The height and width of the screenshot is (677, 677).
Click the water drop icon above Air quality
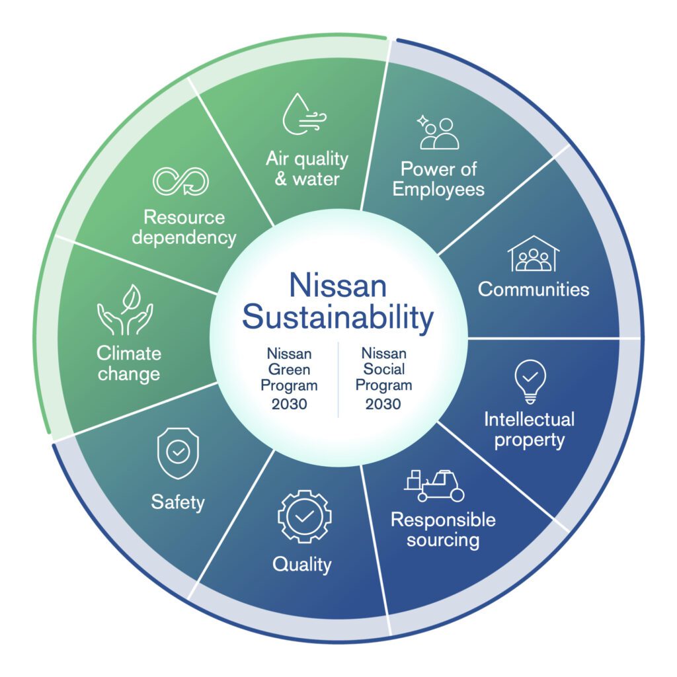click(x=304, y=114)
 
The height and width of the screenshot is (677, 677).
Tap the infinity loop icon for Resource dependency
click(x=181, y=181)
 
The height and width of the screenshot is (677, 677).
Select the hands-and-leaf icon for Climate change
click(x=125, y=309)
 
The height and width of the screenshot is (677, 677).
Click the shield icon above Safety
click(x=178, y=454)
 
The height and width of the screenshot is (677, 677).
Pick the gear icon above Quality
click(x=304, y=516)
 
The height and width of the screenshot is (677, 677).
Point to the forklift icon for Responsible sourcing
click(x=434, y=486)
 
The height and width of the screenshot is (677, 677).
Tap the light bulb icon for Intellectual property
click(x=530, y=381)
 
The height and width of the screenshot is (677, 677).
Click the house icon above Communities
click(x=534, y=253)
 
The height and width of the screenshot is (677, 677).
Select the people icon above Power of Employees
click(x=438, y=132)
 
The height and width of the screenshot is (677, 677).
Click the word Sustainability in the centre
click(x=338, y=317)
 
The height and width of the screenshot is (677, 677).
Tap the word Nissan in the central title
click(x=338, y=286)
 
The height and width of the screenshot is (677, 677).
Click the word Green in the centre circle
click(x=289, y=370)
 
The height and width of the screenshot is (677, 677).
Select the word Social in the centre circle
click(x=383, y=369)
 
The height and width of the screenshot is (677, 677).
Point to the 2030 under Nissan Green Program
click(x=289, y=404)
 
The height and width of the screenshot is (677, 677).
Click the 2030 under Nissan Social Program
click(x=383, y=404)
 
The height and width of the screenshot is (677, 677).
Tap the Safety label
click(x=178, y=502)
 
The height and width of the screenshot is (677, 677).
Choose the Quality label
click(x=301, y=565)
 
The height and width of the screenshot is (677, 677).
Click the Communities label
click(x=534, y=290)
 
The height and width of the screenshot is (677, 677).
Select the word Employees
click(x=438, y=190)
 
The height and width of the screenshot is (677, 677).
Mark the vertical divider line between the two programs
click(x=338, y=380)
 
